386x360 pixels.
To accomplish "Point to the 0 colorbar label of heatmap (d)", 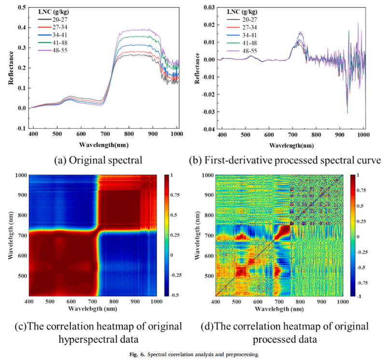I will [x=358, y=236].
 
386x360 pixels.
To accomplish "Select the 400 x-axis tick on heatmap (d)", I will [x=216, y=302].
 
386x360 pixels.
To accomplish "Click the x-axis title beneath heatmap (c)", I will [x=93, y=308].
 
